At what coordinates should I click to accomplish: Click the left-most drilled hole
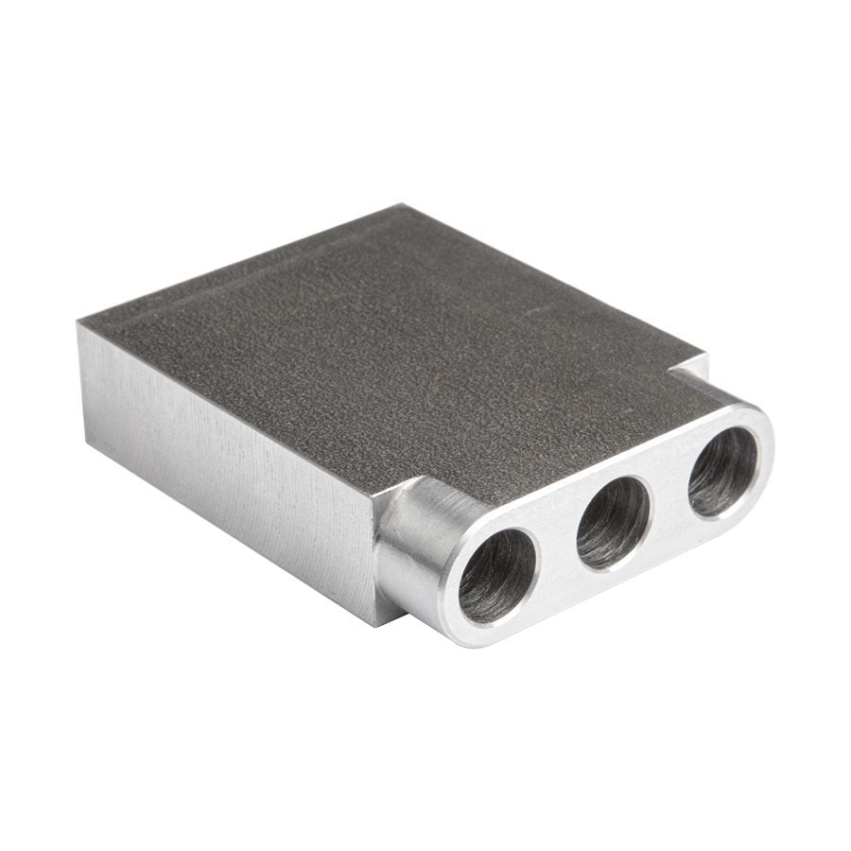point(496,576)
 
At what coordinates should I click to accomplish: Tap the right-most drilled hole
point(722,471)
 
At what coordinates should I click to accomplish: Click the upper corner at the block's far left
point(79,323)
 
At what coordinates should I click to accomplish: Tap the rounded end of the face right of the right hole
point(764,444)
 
